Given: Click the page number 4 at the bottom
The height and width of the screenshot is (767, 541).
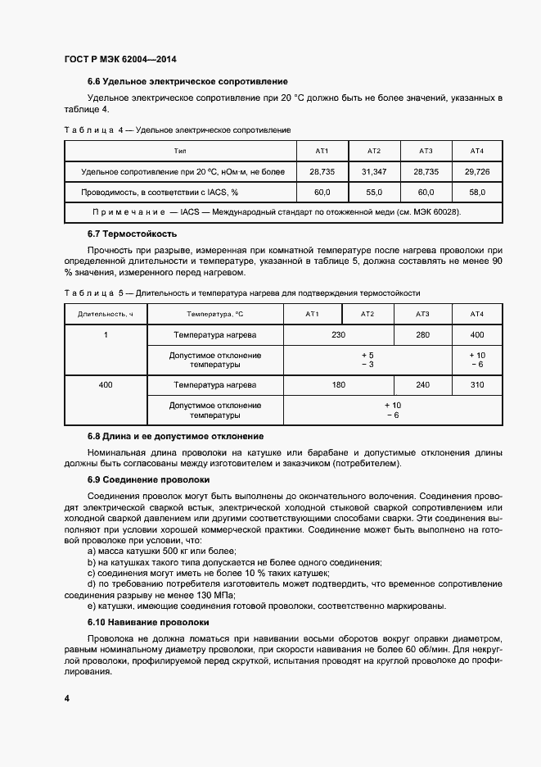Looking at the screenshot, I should pos(66,698).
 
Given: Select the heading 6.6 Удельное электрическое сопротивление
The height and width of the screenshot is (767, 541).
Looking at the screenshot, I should pos(187,82).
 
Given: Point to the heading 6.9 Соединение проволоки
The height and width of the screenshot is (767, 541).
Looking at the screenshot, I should pos(148,480).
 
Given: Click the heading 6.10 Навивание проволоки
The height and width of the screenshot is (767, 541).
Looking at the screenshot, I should pos(147,623).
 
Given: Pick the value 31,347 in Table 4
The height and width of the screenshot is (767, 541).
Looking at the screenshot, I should pos(374,171).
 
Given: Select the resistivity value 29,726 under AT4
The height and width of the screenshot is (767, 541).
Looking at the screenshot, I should pos(477,171).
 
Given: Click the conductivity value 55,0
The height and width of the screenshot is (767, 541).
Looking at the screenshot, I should pos(374,192).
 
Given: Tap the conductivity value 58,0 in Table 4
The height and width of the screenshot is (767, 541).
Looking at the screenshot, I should pos(477,192).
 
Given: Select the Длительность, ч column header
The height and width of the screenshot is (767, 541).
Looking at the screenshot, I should pos(105,314).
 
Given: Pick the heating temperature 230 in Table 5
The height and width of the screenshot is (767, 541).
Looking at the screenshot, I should pos(338,335).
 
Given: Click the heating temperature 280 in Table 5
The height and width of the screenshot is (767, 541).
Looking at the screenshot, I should pos(422,335).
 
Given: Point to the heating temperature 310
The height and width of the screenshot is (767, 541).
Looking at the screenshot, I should pos(477,384).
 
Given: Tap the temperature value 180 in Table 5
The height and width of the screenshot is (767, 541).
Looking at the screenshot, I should pos(338,384).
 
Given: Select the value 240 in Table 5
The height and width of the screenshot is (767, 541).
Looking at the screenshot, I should pos(422,384).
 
